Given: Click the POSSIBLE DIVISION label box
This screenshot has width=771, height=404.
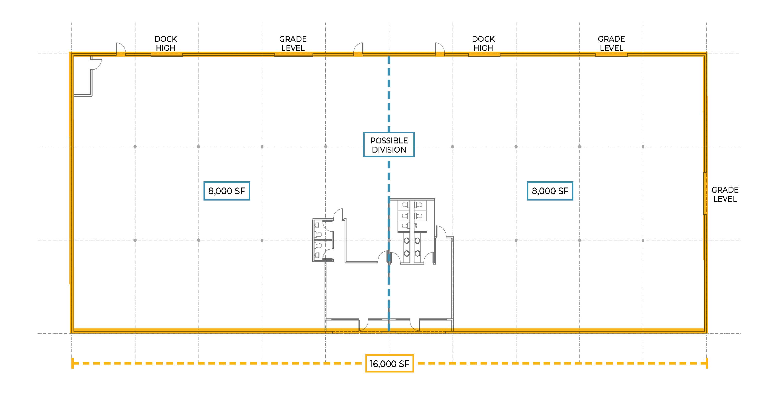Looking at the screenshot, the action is coord(389,145).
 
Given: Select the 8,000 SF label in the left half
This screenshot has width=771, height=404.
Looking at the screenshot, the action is coord(227,191).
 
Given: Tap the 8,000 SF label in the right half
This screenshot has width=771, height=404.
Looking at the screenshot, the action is coord(550,191).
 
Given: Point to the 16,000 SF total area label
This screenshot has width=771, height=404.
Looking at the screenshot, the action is coord(389,363).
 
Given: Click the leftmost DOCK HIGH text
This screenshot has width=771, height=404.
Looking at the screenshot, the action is coord(166,43).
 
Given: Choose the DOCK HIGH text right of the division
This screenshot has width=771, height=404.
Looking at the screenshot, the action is coord(483,43).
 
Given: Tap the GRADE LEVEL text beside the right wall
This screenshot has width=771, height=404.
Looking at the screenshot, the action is coord(725,194).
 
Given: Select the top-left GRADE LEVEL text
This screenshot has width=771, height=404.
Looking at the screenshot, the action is coord(293,43).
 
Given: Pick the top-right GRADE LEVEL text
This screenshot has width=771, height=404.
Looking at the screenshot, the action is coord(611,43).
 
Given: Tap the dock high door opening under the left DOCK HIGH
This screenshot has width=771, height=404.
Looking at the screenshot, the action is coord(167,55).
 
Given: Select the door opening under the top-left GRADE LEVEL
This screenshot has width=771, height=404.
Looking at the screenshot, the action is coord(293,55).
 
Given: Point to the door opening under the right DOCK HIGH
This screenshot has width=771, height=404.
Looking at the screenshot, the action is coord(484,55).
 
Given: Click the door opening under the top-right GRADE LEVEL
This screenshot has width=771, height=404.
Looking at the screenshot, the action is coord(611,55).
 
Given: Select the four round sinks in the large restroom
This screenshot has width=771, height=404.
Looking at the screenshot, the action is coord(412,247).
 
